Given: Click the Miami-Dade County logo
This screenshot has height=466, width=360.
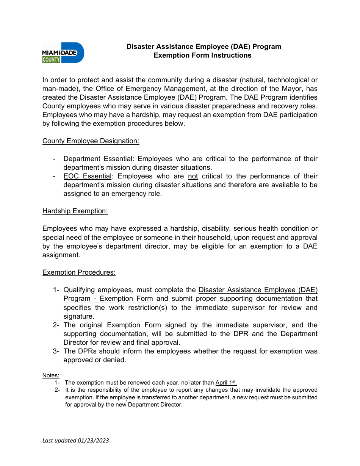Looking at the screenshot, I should tap(63, 53).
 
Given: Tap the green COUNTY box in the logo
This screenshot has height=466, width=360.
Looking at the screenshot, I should tap(51, 59).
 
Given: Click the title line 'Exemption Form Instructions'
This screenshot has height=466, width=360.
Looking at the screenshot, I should tap(202, 55).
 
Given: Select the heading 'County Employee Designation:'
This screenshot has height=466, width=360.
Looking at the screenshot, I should tap(91, 141).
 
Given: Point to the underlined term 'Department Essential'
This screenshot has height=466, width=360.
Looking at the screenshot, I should tap(98, 159).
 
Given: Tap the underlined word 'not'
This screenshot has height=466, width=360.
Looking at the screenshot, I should tap(193, 176).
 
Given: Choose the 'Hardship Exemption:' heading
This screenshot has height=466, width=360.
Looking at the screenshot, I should tap(75, 211).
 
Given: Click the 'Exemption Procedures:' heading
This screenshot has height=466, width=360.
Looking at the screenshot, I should tap(79, 272).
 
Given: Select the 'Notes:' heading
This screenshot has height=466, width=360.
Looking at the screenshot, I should tap(51, 375).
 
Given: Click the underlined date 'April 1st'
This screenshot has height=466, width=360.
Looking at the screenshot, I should tap(226, 383).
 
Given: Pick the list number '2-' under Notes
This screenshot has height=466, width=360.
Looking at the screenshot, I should tap(57, 390).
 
